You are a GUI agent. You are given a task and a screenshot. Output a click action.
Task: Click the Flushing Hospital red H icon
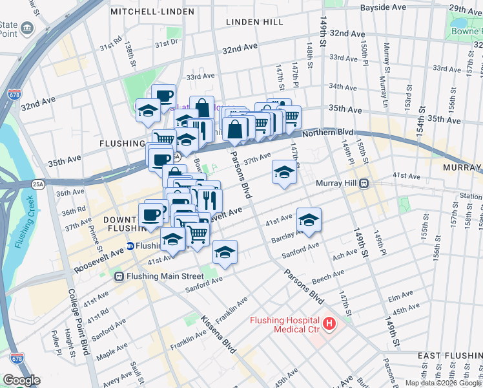click(329, 323)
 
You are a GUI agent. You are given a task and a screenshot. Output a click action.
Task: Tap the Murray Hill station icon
click(364, 183)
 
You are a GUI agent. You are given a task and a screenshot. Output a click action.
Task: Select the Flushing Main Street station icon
click(119, 276)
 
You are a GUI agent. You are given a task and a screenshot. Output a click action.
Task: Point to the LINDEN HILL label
click(254, 22)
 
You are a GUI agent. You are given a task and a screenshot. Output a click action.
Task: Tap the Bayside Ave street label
click(383, 7)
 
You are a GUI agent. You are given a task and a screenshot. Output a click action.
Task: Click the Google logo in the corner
click(21, 380)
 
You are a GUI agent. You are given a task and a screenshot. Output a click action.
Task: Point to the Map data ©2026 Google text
click(443, 383)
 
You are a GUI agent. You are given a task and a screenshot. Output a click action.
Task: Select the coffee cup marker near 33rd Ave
click(163, 96)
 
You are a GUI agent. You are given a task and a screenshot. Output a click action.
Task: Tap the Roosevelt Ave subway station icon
click(130, 246)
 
